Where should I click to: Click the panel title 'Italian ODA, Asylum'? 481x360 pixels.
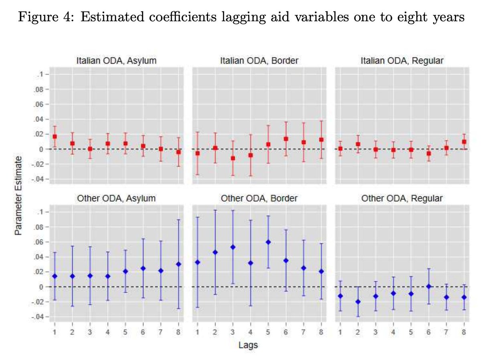116,61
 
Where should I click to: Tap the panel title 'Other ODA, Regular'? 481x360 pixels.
401,198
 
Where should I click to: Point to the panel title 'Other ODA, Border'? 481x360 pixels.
259,198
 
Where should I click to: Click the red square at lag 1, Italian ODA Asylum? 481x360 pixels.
55,137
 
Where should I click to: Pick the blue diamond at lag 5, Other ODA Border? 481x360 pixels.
268,242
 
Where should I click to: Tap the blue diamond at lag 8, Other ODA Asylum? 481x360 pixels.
178,264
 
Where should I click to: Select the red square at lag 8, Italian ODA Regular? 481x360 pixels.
464,142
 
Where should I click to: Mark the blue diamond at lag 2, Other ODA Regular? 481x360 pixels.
358,302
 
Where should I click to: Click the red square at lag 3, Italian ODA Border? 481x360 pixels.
233,158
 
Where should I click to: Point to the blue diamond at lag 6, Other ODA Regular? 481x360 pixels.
428,286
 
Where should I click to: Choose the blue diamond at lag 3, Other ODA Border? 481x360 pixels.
233,247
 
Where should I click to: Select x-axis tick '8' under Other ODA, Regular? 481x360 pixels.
464,332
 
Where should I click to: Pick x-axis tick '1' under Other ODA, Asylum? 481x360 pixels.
55,332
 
